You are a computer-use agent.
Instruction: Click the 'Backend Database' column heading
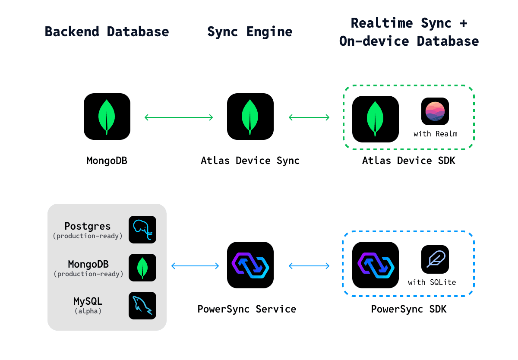click(x=107, y=32)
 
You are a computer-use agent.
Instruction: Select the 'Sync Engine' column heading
click(x=250, y=32)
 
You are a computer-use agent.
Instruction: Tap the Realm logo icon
click(x=435, y=111)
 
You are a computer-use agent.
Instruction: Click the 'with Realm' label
click(x=436, y=134)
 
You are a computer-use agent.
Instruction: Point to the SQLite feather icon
click(x=435, y=259)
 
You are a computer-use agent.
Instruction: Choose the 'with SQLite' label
click(x=432, y=282)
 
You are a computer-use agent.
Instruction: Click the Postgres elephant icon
click(x=142, y=230)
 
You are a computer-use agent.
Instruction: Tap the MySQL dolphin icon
click(x=142, y=306)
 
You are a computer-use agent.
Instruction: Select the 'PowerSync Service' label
click(x=247, y=309)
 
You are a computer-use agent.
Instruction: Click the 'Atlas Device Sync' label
click(x=250, y=161)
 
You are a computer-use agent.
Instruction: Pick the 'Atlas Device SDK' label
click(x=409, y=161)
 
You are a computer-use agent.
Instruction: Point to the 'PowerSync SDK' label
click(x=409, y=309)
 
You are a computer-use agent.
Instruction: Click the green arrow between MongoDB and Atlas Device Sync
click(x=179, y=117)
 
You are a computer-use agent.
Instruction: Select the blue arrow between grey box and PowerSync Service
click(x=195, y=266)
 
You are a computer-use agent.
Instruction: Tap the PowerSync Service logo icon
click(x=250, y=265)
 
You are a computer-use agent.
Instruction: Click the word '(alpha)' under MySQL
click(x=88, y=311)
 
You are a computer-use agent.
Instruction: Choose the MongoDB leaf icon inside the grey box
click(x=142, y=268)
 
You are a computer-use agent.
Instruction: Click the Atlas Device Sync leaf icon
click(x=250, y=117)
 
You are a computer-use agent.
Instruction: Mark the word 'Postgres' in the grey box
click(x=87, y=226)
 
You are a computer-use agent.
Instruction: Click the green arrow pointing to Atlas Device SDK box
click(x=309, y=117)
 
